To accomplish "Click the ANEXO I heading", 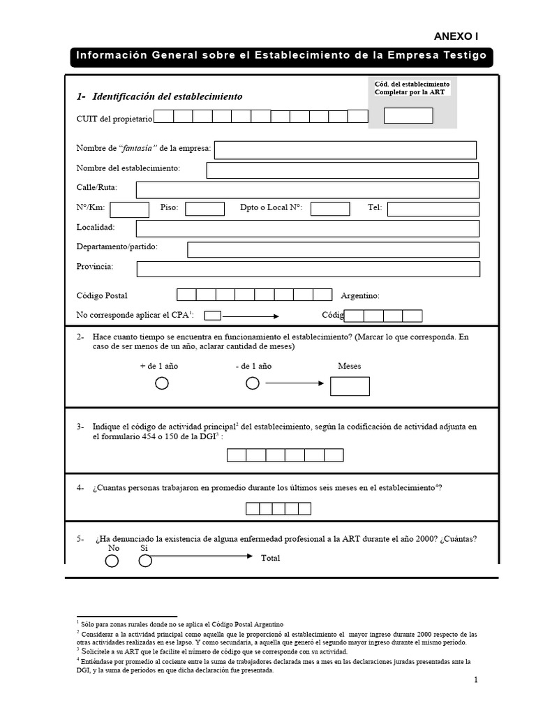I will click(x=456, y=37).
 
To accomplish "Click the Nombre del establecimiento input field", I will click(x=342, y=170).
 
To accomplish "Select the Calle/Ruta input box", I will click(x=307, y=190).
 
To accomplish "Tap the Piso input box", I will click(x=204, y=209).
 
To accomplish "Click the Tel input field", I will click(x=433, y=209).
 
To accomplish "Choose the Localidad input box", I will click(x=307, y=228).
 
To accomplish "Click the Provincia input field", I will click(x=308, y=269).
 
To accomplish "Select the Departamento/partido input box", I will click(x=333, y=249).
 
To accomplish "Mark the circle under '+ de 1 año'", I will click(x=161, y=383).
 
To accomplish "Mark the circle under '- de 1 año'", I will click(x=253, y=383).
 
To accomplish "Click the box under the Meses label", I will click(x=350, y=386).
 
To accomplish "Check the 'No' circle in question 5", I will click(x=112, y=561).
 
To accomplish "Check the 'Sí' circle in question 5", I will click(x=145, y=561).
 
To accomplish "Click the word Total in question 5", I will click(x=271, y=559).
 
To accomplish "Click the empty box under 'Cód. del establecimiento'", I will click(x=408, y=116).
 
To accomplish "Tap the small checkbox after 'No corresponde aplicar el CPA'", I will click(x=212, y=315).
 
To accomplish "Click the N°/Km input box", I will click(x=130, y=209).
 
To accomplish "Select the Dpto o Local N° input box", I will click(x=330, y=209).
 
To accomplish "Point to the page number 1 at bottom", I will click(x=475, y=680).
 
